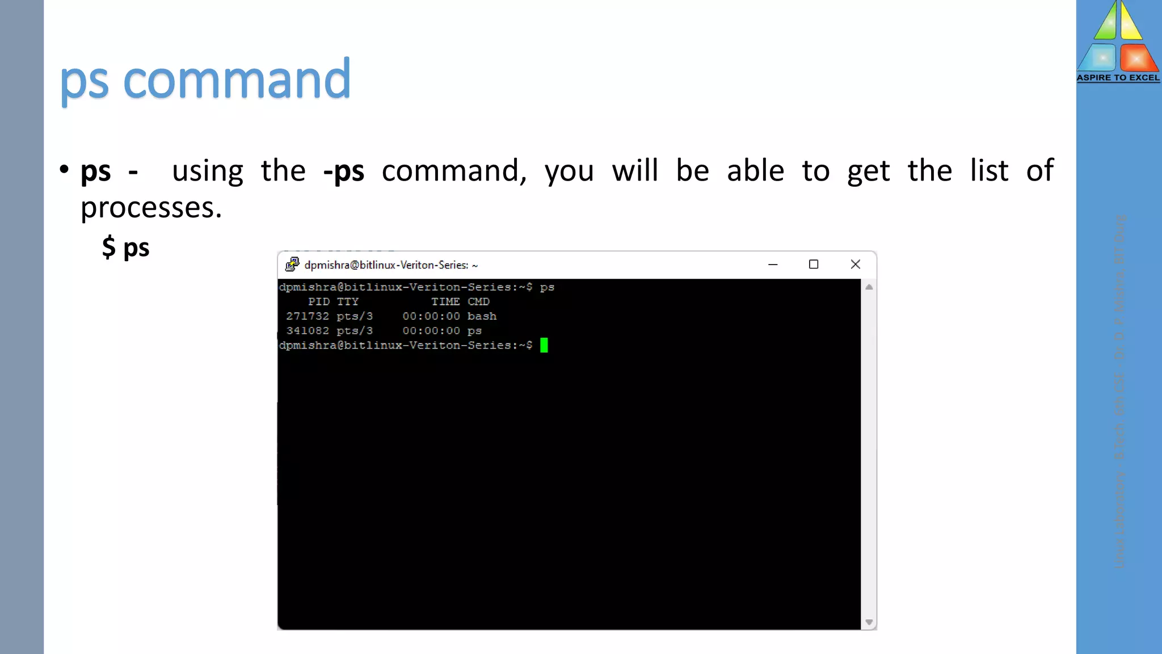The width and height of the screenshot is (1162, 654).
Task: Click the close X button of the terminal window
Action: point(856,265)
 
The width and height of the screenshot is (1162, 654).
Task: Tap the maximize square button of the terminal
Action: point(814,265)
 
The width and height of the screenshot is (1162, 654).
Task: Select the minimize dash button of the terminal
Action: point(773,265)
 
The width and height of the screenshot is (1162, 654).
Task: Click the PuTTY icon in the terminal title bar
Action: point(292,265)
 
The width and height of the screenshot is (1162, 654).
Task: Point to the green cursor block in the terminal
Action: point(544,345)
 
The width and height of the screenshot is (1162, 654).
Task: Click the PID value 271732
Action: point(308,316)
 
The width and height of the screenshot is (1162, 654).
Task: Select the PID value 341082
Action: point(308,331)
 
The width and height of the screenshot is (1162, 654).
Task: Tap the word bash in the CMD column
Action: point(482,316)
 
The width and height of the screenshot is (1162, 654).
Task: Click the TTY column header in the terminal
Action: point(348,301)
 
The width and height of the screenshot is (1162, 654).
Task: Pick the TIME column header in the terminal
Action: point(445,301)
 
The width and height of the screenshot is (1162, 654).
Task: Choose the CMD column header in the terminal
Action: point(478,301)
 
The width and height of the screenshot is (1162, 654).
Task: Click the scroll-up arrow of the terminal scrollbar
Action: point(869,287)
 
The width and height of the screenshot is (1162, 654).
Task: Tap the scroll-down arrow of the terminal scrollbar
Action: point(869,622)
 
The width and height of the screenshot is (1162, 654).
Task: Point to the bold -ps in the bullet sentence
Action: point(344,171)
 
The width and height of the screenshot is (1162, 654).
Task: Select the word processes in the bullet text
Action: point(151,208)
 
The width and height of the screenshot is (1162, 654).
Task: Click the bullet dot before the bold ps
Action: point(64,169)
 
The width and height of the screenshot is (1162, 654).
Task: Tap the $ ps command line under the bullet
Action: point(126,248)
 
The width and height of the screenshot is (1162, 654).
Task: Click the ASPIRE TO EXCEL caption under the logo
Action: point(1118,78)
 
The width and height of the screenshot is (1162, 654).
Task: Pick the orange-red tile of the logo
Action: point(1137,58)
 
